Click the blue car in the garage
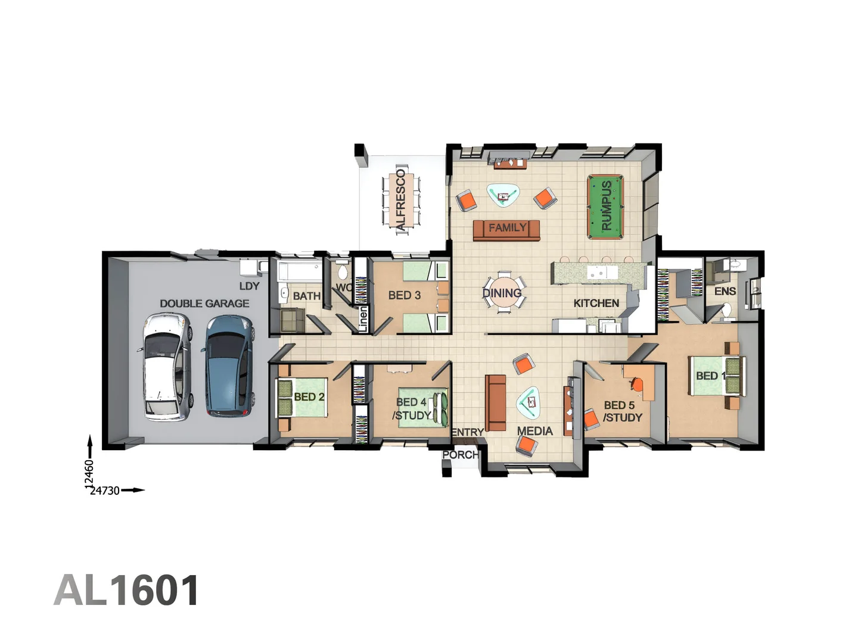[x=228, y=365]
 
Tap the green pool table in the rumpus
[x=605, y=206]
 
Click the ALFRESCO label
[x=400, y=199]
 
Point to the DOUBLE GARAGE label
[x=204, y=304]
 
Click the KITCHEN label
[x=596, y=303]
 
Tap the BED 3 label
[x=404, y=295]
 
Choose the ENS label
[x=725, y=291]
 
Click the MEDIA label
[x=534, y=431]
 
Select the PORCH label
[x=460, y=455]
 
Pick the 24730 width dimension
[x=105, y=491]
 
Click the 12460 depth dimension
[x=89, y=474]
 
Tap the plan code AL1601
[x=126, y=591]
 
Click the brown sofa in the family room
[x=506, y=230]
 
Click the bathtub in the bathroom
[x=300, y=273]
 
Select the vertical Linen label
[x=362, y=318]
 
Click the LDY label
[x=249, y=286]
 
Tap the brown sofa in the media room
[x=495, y=402]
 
